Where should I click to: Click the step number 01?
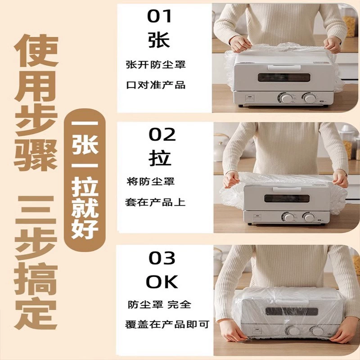coord(160,17)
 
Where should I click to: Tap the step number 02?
coord(162,134)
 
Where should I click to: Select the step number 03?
coord(162,258)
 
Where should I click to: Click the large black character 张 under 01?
coord(159,40)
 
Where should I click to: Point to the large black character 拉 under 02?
coord(160,158)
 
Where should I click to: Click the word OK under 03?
coord(162,282)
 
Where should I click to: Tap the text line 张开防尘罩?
coord(156,64)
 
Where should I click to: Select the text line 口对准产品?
coord(156,85)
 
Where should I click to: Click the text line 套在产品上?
coord(155,202)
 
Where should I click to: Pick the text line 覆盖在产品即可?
coord(167,324)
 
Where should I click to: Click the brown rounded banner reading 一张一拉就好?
coord(85,180)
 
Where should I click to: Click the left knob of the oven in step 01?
coord(285,98)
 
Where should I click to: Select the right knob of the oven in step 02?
coord(309,217)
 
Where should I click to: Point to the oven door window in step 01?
coord(284,77)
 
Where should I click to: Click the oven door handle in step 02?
coord(287,189)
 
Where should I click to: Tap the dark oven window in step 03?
coord(292,311)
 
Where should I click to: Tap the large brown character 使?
coord(36,50)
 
